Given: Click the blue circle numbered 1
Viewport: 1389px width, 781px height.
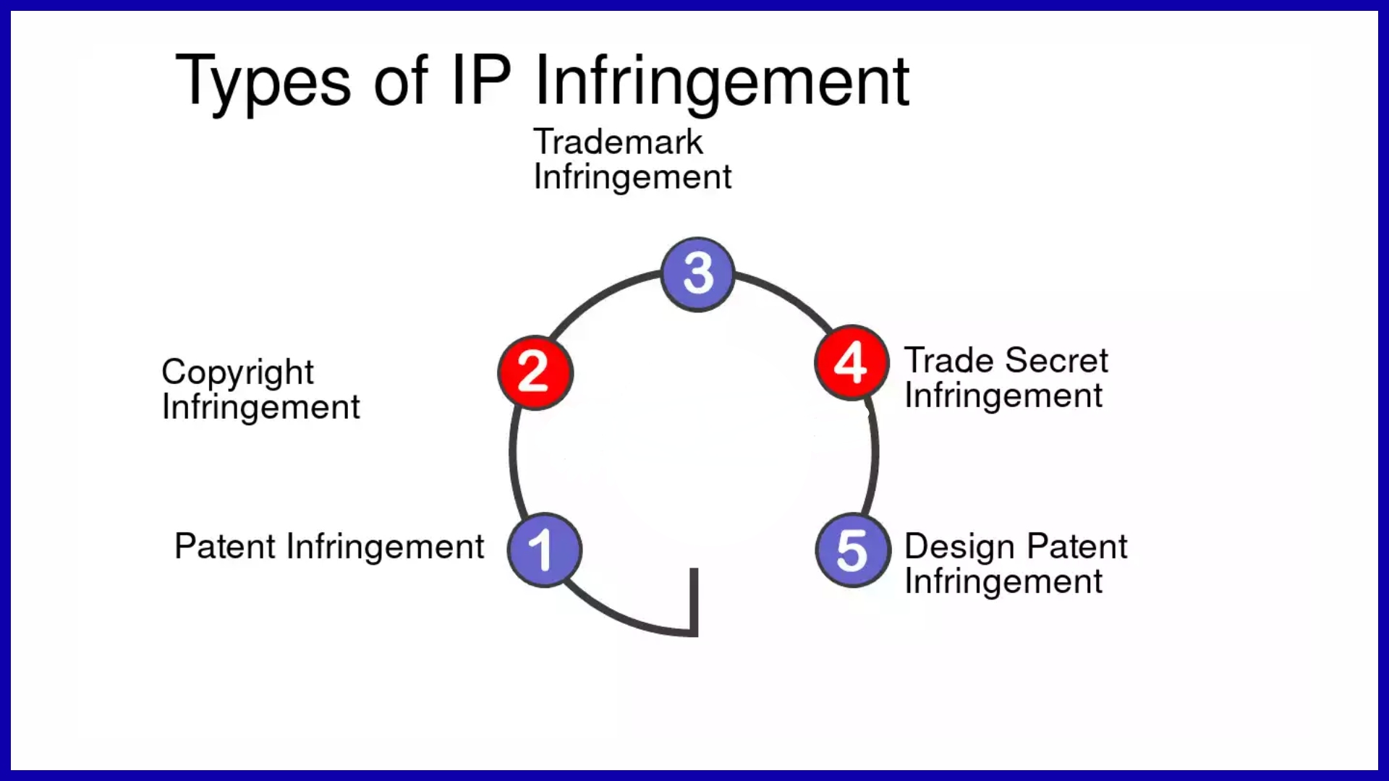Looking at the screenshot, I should (544, 550).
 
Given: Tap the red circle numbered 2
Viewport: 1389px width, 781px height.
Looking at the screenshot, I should (535, 372).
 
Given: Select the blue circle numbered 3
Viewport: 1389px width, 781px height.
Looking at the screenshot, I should (697, 274).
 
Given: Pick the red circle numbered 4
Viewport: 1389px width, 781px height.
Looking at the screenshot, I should (851, 362).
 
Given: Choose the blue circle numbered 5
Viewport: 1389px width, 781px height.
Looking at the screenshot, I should (853, 550).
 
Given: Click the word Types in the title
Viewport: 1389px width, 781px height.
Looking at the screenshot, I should (263, 82).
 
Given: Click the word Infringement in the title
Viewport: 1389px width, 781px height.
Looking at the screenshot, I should (721, 82).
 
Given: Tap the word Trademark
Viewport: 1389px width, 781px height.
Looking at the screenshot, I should (618, 142).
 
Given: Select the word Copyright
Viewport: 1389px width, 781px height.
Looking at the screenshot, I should (237, 373).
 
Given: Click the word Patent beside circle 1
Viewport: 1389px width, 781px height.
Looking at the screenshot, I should (225, 546).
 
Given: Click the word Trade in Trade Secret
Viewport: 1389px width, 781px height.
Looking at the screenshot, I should (949, 360).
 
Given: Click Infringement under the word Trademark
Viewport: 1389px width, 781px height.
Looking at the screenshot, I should (632, 178).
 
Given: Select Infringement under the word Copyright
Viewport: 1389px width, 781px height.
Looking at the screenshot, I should (260, 408).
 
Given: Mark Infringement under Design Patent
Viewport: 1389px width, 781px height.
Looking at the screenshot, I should (1003, 582).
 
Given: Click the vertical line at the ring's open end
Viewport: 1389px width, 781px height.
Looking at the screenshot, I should (694, 600).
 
